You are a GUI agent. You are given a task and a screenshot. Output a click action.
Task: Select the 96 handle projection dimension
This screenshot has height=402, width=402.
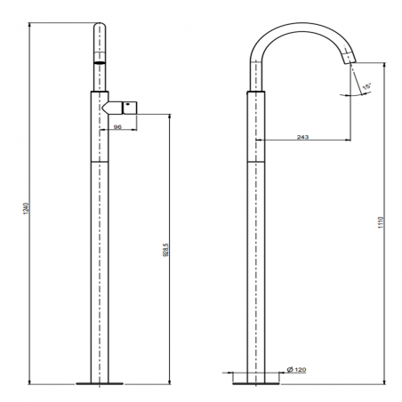[118, 128]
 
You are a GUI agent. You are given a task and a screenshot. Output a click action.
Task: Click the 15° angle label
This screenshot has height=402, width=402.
[366, 86]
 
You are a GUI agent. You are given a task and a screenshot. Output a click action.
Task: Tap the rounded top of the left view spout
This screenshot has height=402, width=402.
[99, 31]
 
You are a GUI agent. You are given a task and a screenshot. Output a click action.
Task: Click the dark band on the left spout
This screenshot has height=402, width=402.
[99, 66]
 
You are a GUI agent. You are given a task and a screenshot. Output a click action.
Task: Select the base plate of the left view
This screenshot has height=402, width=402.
[99, 383]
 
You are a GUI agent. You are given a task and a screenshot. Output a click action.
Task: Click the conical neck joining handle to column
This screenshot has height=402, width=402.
[110, 108]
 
